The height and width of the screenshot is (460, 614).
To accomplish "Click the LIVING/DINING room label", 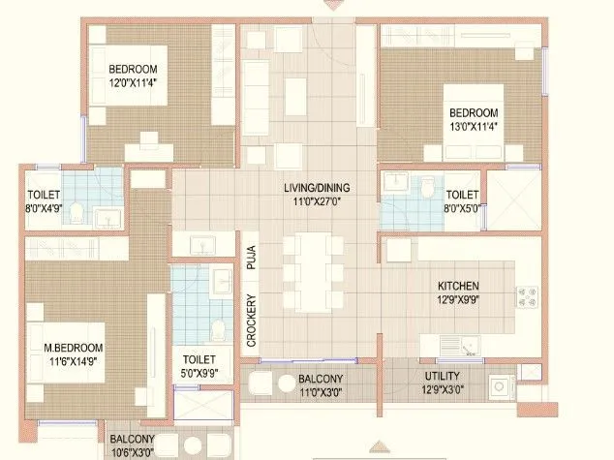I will coord(310,187).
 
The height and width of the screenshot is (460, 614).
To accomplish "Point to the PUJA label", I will coord(250,256).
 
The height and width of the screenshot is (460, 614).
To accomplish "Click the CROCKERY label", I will coord(250,320).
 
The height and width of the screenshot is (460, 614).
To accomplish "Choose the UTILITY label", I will coord(441,376).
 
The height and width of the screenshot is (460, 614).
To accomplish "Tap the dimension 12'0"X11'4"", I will coord(133,83).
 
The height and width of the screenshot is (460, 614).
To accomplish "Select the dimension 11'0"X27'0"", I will coord(310,201).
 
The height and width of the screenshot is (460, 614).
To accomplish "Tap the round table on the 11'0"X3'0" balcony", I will coord(288,383).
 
